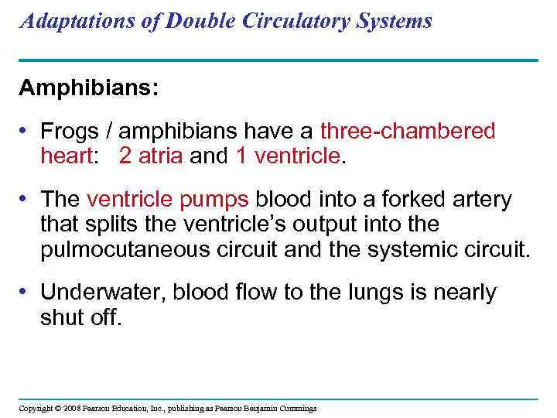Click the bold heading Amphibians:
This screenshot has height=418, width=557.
point(88,87)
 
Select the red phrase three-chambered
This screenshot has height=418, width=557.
point(408,132)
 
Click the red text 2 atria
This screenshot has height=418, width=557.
point(151,156)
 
